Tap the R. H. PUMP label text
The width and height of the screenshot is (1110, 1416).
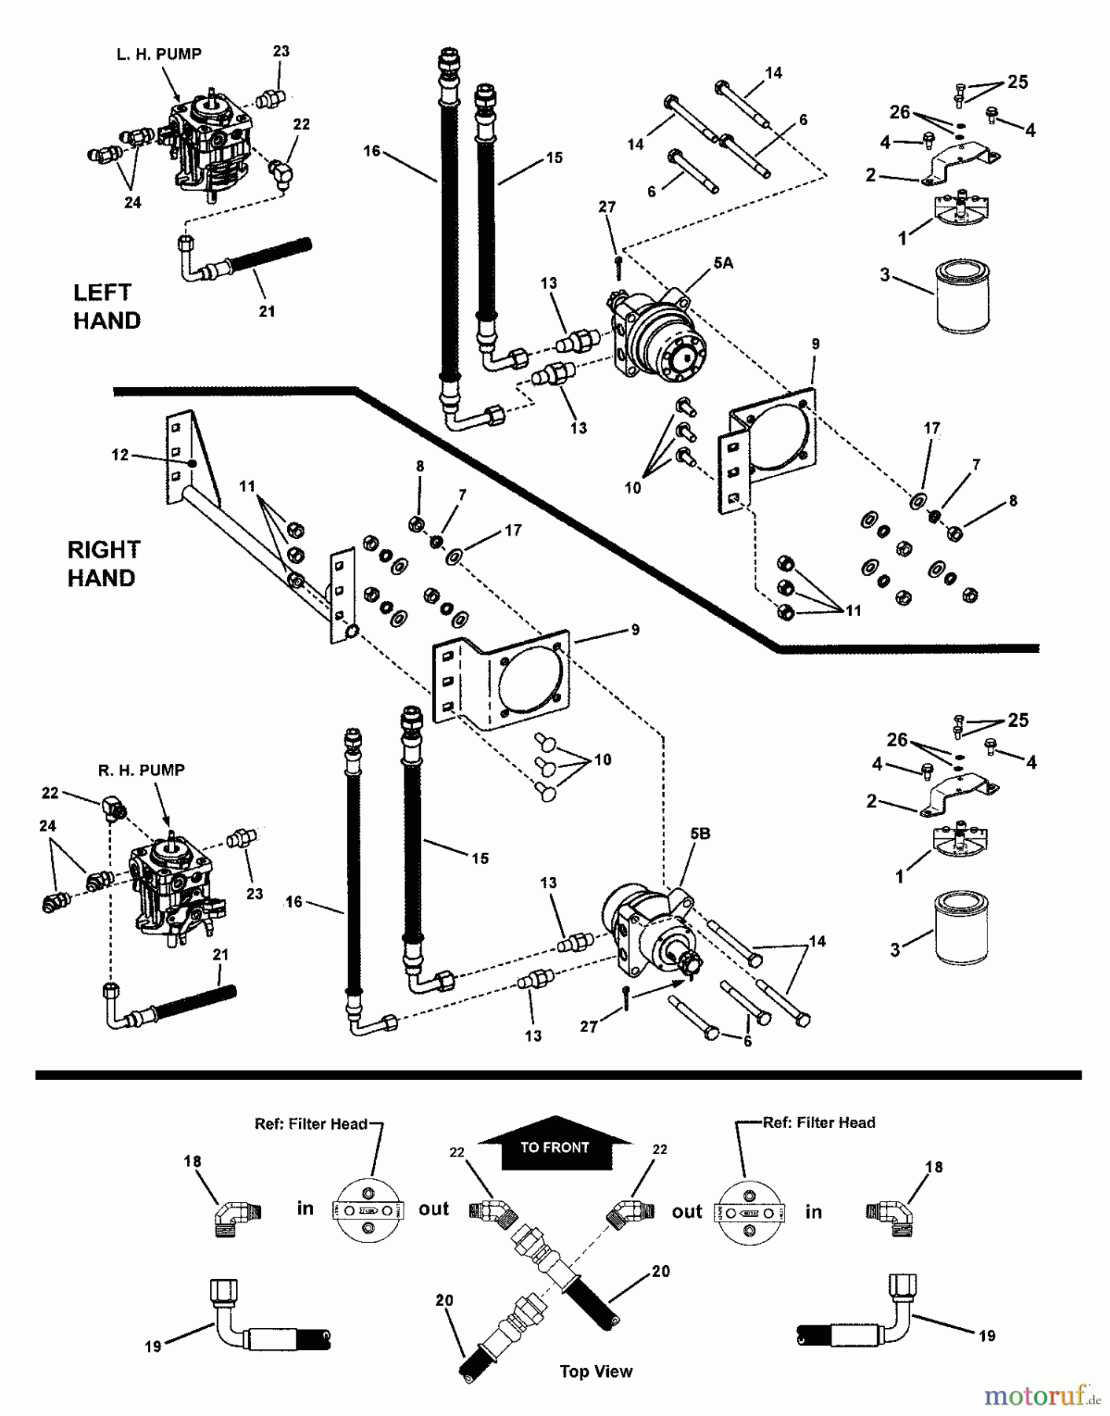click(141, 770)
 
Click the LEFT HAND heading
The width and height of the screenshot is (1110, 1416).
click(107, 307)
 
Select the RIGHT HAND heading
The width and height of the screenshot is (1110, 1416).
click(103, 563)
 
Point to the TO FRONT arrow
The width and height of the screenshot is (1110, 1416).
click(555, 1145)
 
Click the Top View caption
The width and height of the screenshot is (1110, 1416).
click(596, 1372)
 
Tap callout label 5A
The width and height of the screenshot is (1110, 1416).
click(723, 264)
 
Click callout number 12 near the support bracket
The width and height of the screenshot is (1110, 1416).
click(120, 455)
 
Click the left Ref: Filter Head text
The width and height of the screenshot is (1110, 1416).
click(311, 1124)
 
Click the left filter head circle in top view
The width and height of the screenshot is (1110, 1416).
click(368, 1208)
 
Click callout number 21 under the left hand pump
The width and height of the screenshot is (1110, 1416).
click(267, 312)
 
